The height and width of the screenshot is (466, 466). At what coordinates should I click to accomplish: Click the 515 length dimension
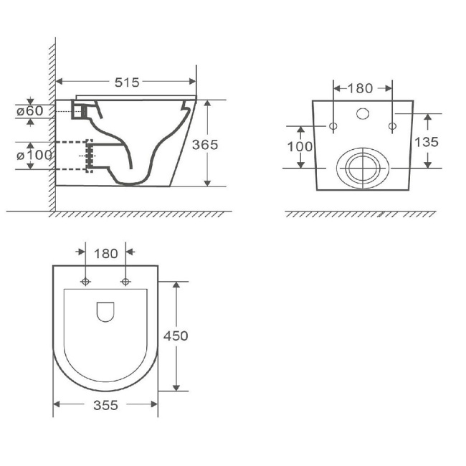[127, 82]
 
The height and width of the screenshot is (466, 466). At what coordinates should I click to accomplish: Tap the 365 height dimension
[205, 145]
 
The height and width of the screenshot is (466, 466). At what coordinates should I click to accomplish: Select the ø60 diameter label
[30, 111]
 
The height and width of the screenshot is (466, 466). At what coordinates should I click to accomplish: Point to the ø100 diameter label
[34, 155]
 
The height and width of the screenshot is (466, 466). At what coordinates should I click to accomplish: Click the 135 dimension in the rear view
[427, 142]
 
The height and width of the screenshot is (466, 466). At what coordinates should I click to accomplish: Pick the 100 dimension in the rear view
[300, 146]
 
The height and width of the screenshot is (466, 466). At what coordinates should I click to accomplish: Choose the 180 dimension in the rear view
[360, 88]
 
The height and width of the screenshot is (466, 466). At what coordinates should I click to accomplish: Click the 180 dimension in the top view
[106, 254]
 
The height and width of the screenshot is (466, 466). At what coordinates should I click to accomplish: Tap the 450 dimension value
[176, 336]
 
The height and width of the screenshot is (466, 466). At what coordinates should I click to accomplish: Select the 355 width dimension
[106, 405]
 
